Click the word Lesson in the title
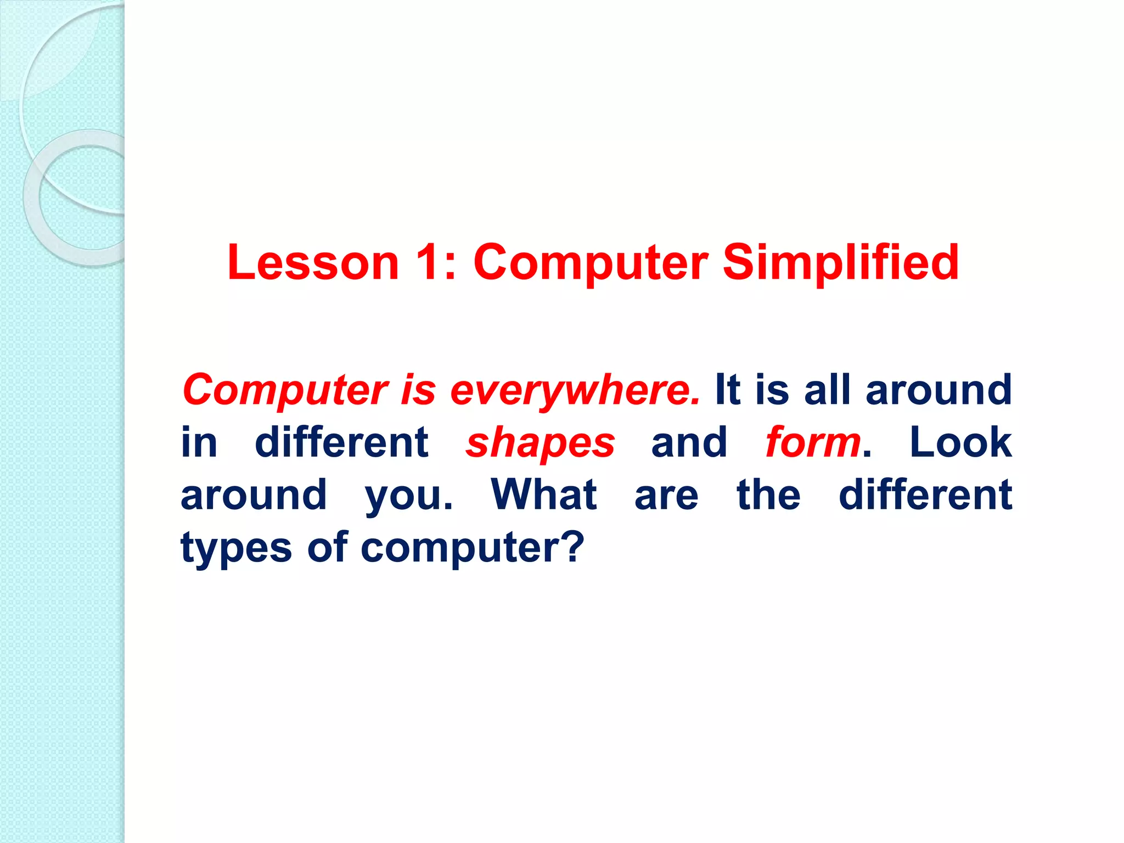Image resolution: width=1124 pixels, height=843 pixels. coord(313,262)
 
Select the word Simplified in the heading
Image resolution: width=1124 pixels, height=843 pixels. coord(840,262)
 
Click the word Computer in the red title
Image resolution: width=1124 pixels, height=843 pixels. coord(591,262)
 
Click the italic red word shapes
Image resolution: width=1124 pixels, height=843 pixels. coord(540,443)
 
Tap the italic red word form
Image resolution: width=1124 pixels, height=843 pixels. coord(813,442)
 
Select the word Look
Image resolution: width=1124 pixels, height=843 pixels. coord(960,442)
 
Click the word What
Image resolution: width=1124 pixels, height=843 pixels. coord(543,494)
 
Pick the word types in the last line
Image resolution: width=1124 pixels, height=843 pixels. coord(236,548)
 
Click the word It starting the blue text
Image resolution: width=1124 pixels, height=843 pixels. coord(728,389)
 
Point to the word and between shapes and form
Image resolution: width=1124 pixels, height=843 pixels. coord(689,442)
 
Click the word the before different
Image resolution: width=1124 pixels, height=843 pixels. coord(768,494)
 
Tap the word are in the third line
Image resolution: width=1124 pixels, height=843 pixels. coord(666,496)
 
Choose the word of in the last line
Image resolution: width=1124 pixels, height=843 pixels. coord(327,547)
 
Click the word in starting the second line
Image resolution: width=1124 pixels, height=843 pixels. coord(199,442)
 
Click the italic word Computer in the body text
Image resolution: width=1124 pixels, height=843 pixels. coord(285,390)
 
